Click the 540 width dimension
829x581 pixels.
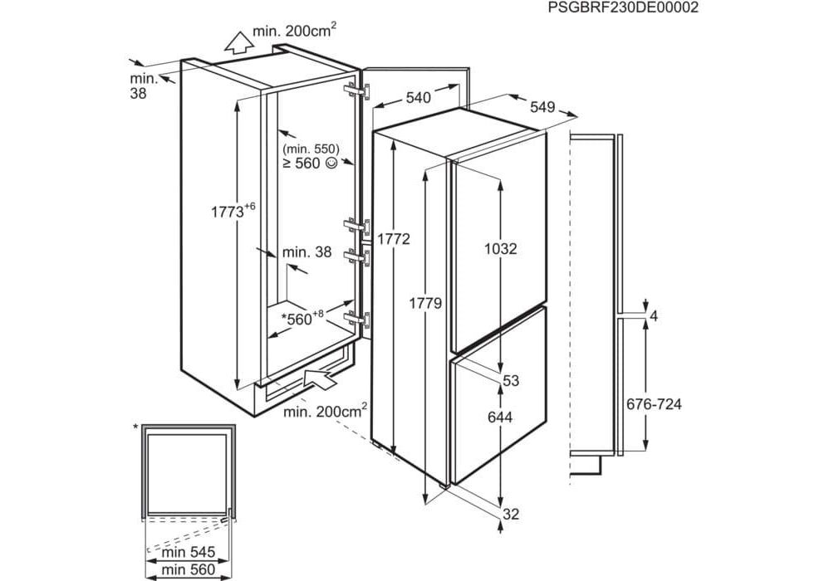[419, 98]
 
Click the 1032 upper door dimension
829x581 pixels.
[501, 248]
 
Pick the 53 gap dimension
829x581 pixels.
[511, 381]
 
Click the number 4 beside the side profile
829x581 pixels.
[655, 315]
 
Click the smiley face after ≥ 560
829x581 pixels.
[332, 164]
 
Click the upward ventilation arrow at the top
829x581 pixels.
[238, 39]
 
